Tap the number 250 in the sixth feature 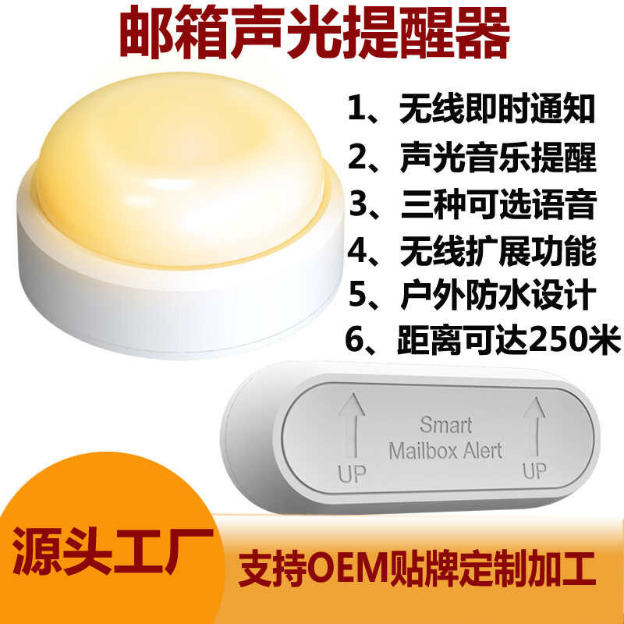coord(551,341)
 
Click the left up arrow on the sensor coord(352,424)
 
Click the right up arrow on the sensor coord(534,424)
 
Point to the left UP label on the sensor coord(352,473)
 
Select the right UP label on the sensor coord(534,471)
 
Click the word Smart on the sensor coord(445,425)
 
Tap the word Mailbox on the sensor coord(427,450)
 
